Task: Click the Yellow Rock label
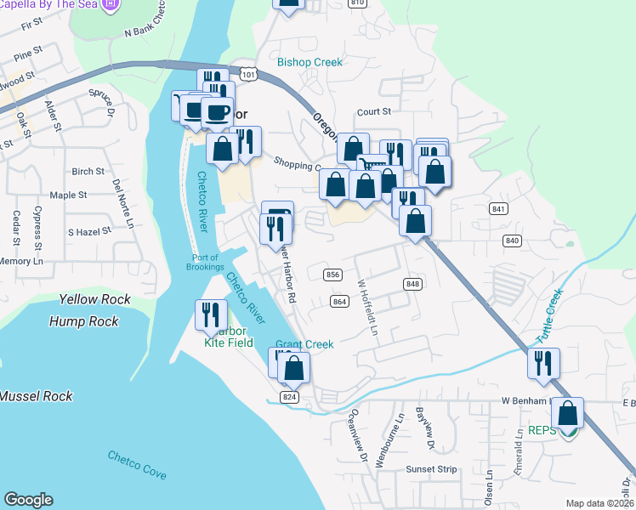[95, 299]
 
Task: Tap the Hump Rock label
[85, 321]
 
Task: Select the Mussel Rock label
[36, 396]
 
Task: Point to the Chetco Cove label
[135, 464]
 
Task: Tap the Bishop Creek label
[309, 62]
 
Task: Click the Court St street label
[373, 111]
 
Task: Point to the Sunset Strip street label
[431, 468]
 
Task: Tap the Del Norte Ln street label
[122, 204]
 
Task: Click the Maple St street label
[69, 195]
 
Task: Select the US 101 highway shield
[247, 76]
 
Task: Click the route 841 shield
[498, 209]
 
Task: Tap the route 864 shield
[340, 302]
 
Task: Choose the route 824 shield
[289, 397]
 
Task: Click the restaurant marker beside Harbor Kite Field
[208, 314]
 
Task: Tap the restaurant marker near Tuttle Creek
[542, 363]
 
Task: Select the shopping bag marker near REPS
[567, 414]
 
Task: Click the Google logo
[29, 500]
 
